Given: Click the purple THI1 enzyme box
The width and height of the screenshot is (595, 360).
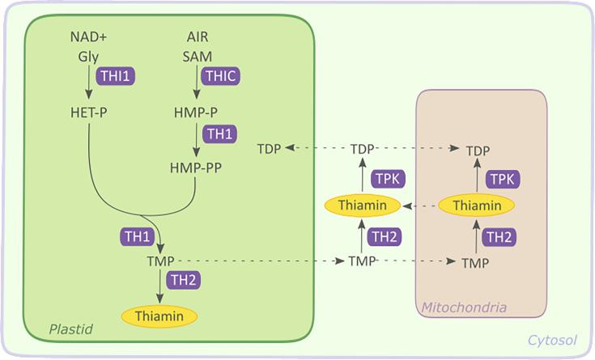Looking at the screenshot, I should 115,75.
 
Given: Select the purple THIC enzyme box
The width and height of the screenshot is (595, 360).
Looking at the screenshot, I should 221,75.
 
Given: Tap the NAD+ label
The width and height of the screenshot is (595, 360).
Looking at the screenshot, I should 88,37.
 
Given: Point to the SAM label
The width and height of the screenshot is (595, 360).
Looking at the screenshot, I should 197,57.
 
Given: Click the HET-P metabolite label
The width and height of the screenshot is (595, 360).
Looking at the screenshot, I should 88,112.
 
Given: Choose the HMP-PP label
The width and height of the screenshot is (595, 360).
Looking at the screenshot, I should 196,167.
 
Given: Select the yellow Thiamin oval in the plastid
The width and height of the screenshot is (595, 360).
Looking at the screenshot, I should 159,314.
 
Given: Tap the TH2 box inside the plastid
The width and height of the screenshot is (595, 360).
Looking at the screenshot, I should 182,280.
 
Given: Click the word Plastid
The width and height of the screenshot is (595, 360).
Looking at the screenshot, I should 71,329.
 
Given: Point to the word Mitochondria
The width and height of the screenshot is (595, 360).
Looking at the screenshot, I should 464,307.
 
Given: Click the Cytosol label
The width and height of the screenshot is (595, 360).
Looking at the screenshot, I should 552,341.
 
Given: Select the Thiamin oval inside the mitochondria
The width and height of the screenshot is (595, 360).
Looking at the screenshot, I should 477,205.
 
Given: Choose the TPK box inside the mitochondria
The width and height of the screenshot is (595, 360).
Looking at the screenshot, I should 502,178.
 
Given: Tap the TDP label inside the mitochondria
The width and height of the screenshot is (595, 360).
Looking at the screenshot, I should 478,150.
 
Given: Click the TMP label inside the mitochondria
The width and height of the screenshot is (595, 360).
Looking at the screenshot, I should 475,263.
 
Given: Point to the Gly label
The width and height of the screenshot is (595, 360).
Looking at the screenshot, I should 88,57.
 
